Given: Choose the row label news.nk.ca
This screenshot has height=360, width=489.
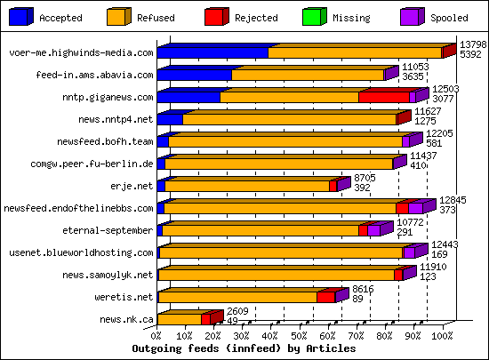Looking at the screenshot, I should click(x=126, y=319).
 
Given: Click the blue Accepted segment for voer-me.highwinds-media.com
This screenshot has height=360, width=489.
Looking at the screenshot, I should click(x=212, y=52).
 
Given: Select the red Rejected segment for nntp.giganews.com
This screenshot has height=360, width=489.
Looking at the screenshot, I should click(x=383, y=97).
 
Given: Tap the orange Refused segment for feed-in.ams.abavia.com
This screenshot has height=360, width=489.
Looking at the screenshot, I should click(x=307, y=75).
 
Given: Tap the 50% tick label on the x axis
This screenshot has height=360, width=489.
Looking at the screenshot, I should click(x=300, y=337).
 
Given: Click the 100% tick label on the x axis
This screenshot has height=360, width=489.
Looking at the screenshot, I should click(x=442, y=337).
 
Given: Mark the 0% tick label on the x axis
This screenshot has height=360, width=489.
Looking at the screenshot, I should click(x=157, y=337).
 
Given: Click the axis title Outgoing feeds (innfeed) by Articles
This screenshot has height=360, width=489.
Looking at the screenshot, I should click(x=243, y=349).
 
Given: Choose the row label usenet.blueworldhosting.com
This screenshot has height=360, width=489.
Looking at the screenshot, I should click(x=92, y=252).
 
